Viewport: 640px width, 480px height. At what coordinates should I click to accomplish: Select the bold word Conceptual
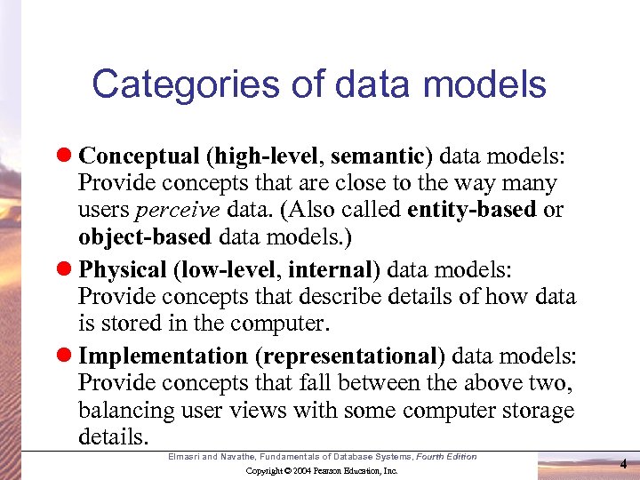(139, 156)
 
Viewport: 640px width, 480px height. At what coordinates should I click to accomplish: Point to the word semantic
(378, 156)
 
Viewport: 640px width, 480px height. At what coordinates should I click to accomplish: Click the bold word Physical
(123, 269)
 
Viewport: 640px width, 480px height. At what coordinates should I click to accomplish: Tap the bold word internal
(324, 269)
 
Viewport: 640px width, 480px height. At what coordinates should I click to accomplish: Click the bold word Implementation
(163, 356)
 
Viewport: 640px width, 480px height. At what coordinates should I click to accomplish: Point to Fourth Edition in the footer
(448, 457)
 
